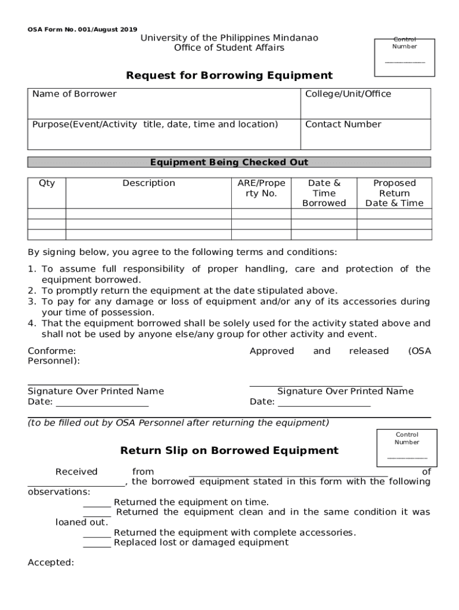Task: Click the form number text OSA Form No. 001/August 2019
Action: point(82,29)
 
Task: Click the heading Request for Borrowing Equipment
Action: point(229,76)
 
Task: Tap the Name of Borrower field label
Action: point(75,94)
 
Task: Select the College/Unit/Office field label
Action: point(348,94)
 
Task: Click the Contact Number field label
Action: point(343,125)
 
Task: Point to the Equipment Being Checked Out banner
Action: point(229,162)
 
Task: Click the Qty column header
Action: point(46,183)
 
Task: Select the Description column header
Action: point(148,183)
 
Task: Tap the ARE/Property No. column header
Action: point(261,188)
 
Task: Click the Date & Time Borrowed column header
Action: point(324,193)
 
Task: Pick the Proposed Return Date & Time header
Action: point(394,193)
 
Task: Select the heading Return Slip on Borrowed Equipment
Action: point(229,451)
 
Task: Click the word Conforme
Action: point(51,351)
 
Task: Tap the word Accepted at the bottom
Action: point(51,562)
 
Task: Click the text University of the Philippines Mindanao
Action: point(229,38)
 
